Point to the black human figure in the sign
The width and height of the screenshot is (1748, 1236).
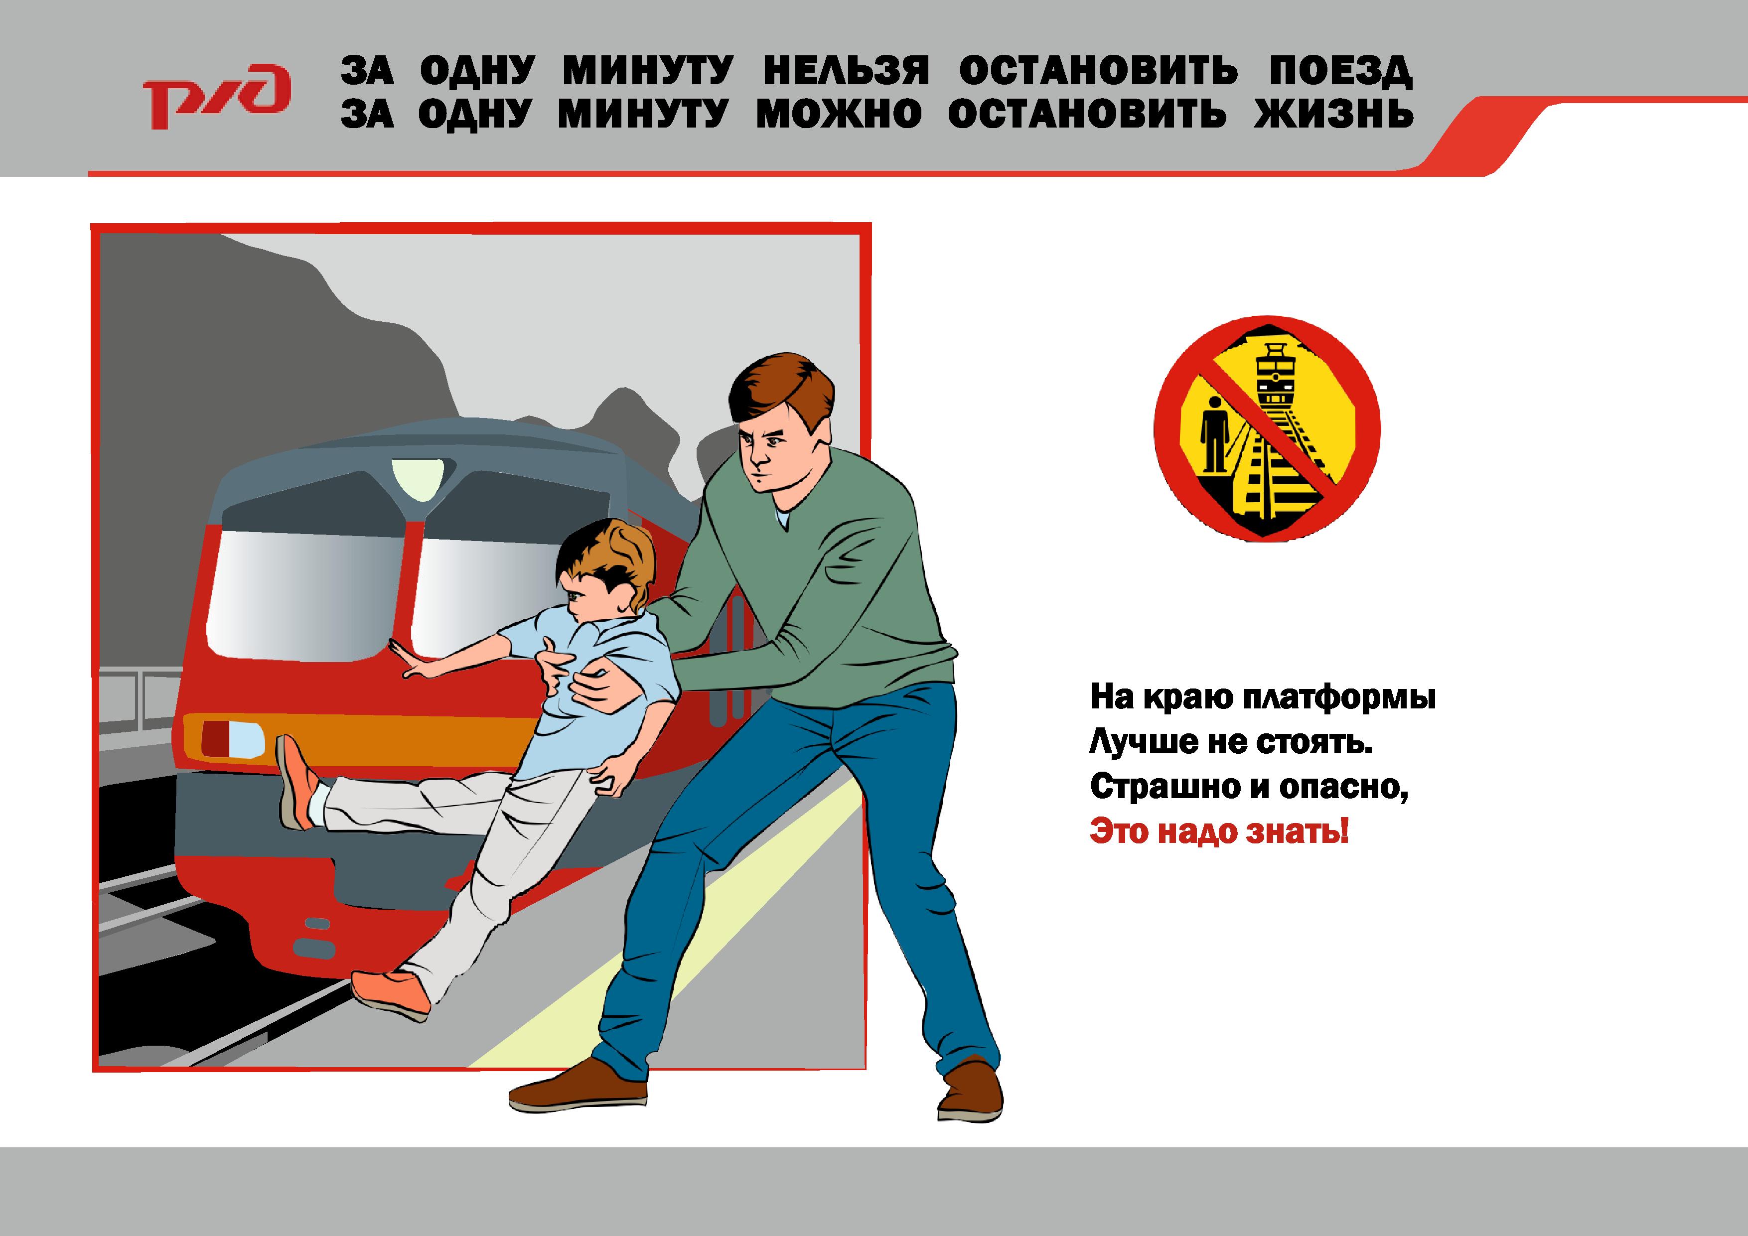(1213, 434)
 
